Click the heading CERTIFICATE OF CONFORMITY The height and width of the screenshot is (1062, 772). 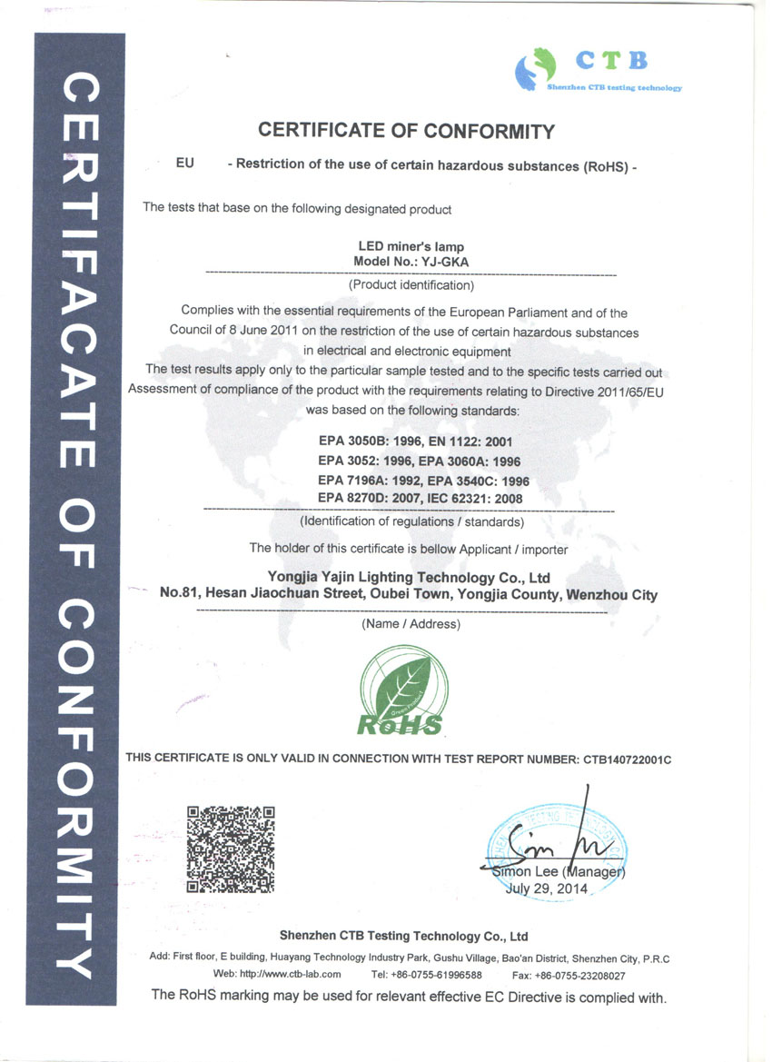point(406,131)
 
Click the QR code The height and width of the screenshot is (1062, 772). point(230,848)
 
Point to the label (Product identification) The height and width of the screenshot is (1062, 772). point(411,285)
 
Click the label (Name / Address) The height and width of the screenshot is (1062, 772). point(411,624)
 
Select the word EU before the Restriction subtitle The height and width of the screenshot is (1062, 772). point(185,164)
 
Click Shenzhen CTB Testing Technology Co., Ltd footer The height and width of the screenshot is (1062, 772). point(403,936)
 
